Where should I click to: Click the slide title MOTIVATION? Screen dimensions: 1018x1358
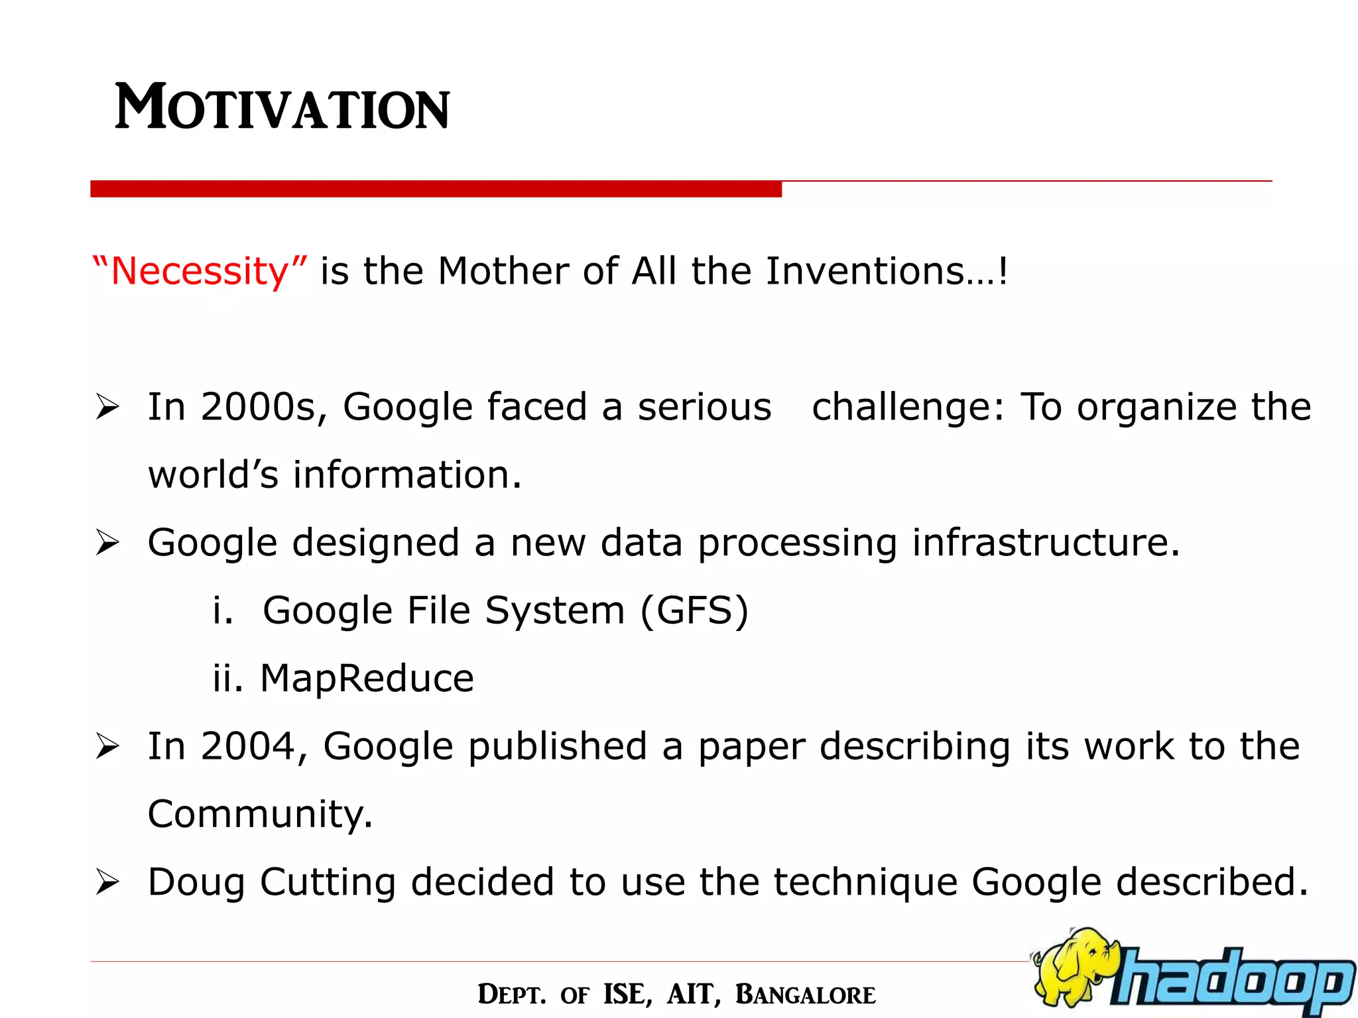pos(282,107)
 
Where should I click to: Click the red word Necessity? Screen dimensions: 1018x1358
pos(200,272)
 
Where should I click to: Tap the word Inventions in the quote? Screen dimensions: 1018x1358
pos(865,272)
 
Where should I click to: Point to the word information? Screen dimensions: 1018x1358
pos(407,475)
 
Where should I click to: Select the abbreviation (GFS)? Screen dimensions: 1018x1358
pos(694,610)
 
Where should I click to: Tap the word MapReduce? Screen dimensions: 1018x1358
pos(367,679)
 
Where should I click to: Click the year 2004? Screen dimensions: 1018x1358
pos(247,746)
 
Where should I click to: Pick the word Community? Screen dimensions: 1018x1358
pos(259,815)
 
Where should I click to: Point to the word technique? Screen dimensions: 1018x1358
pos(865,883)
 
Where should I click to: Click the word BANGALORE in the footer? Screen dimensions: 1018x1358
pos(805,995)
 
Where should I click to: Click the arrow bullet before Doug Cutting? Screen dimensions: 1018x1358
pos(107,882)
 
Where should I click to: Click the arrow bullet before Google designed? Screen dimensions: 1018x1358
pos(107,543)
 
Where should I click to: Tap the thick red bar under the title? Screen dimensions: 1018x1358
pos(436,189)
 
